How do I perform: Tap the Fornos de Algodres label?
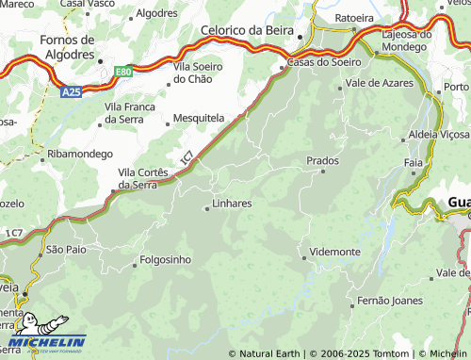(x=68, y=46)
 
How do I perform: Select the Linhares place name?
(x=232, y=203)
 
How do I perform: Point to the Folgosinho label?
(x=165, y=259)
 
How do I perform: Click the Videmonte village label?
(x=334, y=253)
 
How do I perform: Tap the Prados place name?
(x=322, y=160)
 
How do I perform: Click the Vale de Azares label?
(x=381, y=84)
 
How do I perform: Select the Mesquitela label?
(x=199, y=119)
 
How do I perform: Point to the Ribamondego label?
(x=80, y=154)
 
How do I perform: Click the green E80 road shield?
(x=123, y=71)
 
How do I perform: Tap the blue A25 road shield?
(x=70, y=92)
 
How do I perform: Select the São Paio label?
(x=66, y=250)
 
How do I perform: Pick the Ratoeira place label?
(x=354, y=17)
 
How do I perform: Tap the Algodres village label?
(x=156, y=13)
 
